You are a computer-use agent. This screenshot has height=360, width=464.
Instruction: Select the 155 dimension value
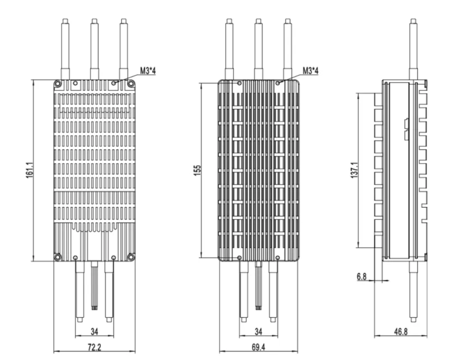[x=197, y=170]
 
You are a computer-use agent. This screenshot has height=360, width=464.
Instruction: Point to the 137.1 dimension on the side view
[x=353, y=170]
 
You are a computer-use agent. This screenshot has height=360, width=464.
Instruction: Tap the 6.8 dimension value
[x=362, y=277]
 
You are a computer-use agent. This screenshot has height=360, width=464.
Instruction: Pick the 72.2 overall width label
[x=94, y=343]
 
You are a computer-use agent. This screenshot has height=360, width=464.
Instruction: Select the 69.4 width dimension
[x=258, y=343]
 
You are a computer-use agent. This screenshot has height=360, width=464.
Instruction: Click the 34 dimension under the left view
[x=94, y=331]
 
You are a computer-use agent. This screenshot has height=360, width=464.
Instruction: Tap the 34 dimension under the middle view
[x=258, y=331]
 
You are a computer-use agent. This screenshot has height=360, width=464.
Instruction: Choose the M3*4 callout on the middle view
[x=310, y=71]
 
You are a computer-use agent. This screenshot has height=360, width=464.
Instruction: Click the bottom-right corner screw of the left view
[x=131, y=257]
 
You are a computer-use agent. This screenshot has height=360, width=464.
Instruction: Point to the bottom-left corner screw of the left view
[x=58, y=257]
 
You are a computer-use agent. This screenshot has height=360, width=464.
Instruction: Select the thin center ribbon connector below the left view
[x=94, y=287]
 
